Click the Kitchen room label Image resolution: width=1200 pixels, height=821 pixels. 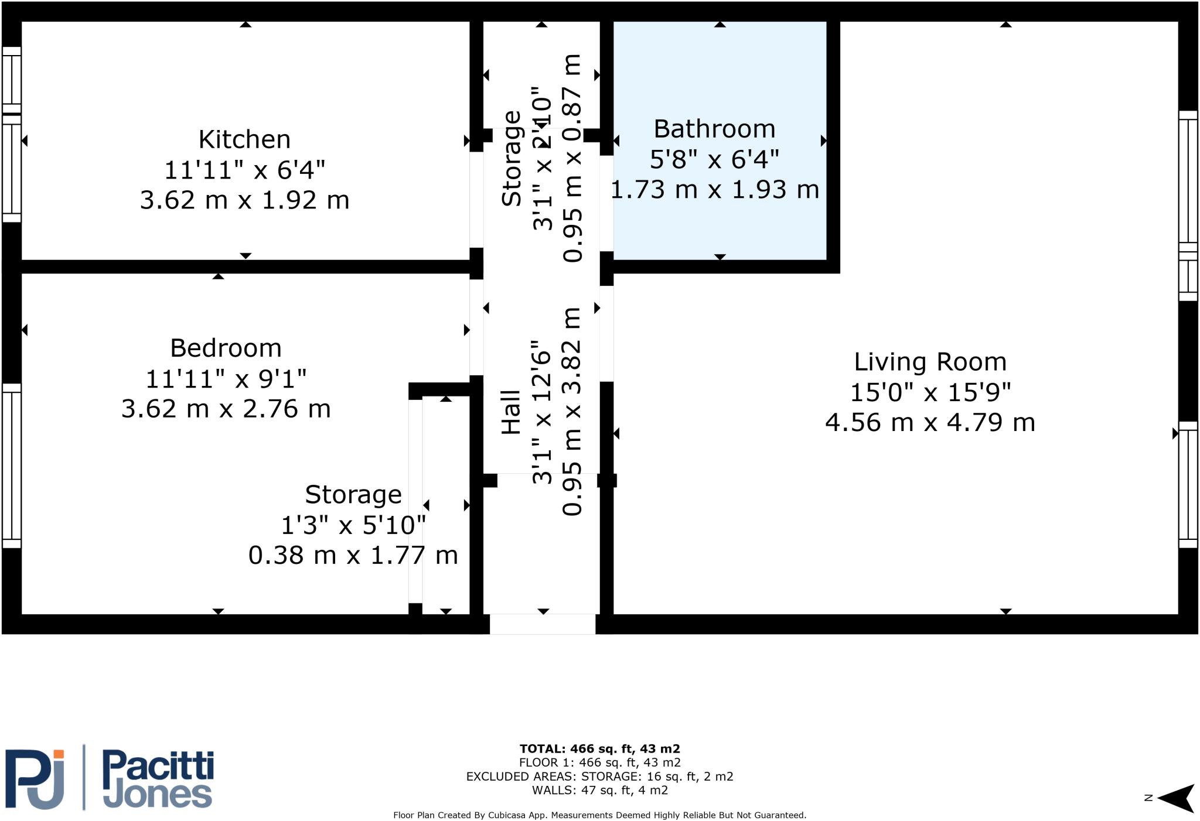(244, 139)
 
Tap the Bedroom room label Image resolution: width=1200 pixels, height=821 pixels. (226, 348)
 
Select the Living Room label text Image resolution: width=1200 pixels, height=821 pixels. (930, 361)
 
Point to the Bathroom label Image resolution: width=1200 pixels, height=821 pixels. (714, 128)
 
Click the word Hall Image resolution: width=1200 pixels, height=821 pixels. (511, 412)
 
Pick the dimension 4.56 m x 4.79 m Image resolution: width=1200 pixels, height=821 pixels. (930, 422)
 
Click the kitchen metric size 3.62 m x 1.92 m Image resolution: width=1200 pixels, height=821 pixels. (244, 200)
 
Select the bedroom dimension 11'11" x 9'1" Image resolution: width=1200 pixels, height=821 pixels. (226, 378)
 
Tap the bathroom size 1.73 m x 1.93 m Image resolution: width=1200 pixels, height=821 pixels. (714, 189)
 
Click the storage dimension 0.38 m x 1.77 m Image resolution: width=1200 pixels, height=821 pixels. (353, 555)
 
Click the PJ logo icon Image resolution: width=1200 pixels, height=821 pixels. (35, 778)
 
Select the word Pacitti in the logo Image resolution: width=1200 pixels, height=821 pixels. (158, 768)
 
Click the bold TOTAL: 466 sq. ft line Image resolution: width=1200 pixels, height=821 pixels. (599, 748)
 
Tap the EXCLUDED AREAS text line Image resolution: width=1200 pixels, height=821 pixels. (599, 776)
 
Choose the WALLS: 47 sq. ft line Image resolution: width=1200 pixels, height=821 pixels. (599, 791)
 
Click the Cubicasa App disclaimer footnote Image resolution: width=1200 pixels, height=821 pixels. (599, 815)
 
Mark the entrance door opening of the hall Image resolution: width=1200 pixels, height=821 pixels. (543, 624)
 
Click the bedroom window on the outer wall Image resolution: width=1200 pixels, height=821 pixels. (12, 466)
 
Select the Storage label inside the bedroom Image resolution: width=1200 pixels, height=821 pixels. (353, 494)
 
